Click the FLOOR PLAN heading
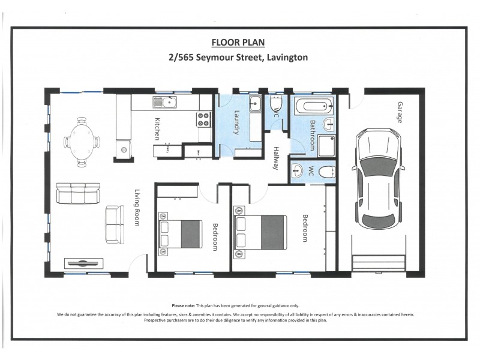click(238, 43)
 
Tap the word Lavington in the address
click(283, 58)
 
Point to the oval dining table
click(82, 142)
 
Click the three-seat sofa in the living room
click(78, 193)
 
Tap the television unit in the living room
click(83, 263)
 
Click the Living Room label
click(137, 208)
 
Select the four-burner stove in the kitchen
click(202, 121)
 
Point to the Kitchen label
click(157, 128)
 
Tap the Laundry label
click(236, 122)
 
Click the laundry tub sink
click(254, 103)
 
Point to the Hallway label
click(276, 158)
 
